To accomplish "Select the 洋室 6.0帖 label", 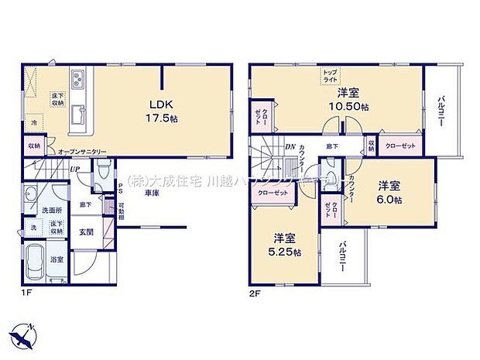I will (x=389, y=193).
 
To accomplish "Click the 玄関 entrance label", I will (x=86, y=231).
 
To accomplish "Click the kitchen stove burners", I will (x=80, y=79).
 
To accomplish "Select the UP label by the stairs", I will (x=75, y=170).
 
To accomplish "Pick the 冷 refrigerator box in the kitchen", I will (x=34, y=122).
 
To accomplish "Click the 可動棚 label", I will (x=122, y=211).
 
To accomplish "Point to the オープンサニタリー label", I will (x=82, y=152).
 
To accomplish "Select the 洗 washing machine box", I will (x=33, y=229).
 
